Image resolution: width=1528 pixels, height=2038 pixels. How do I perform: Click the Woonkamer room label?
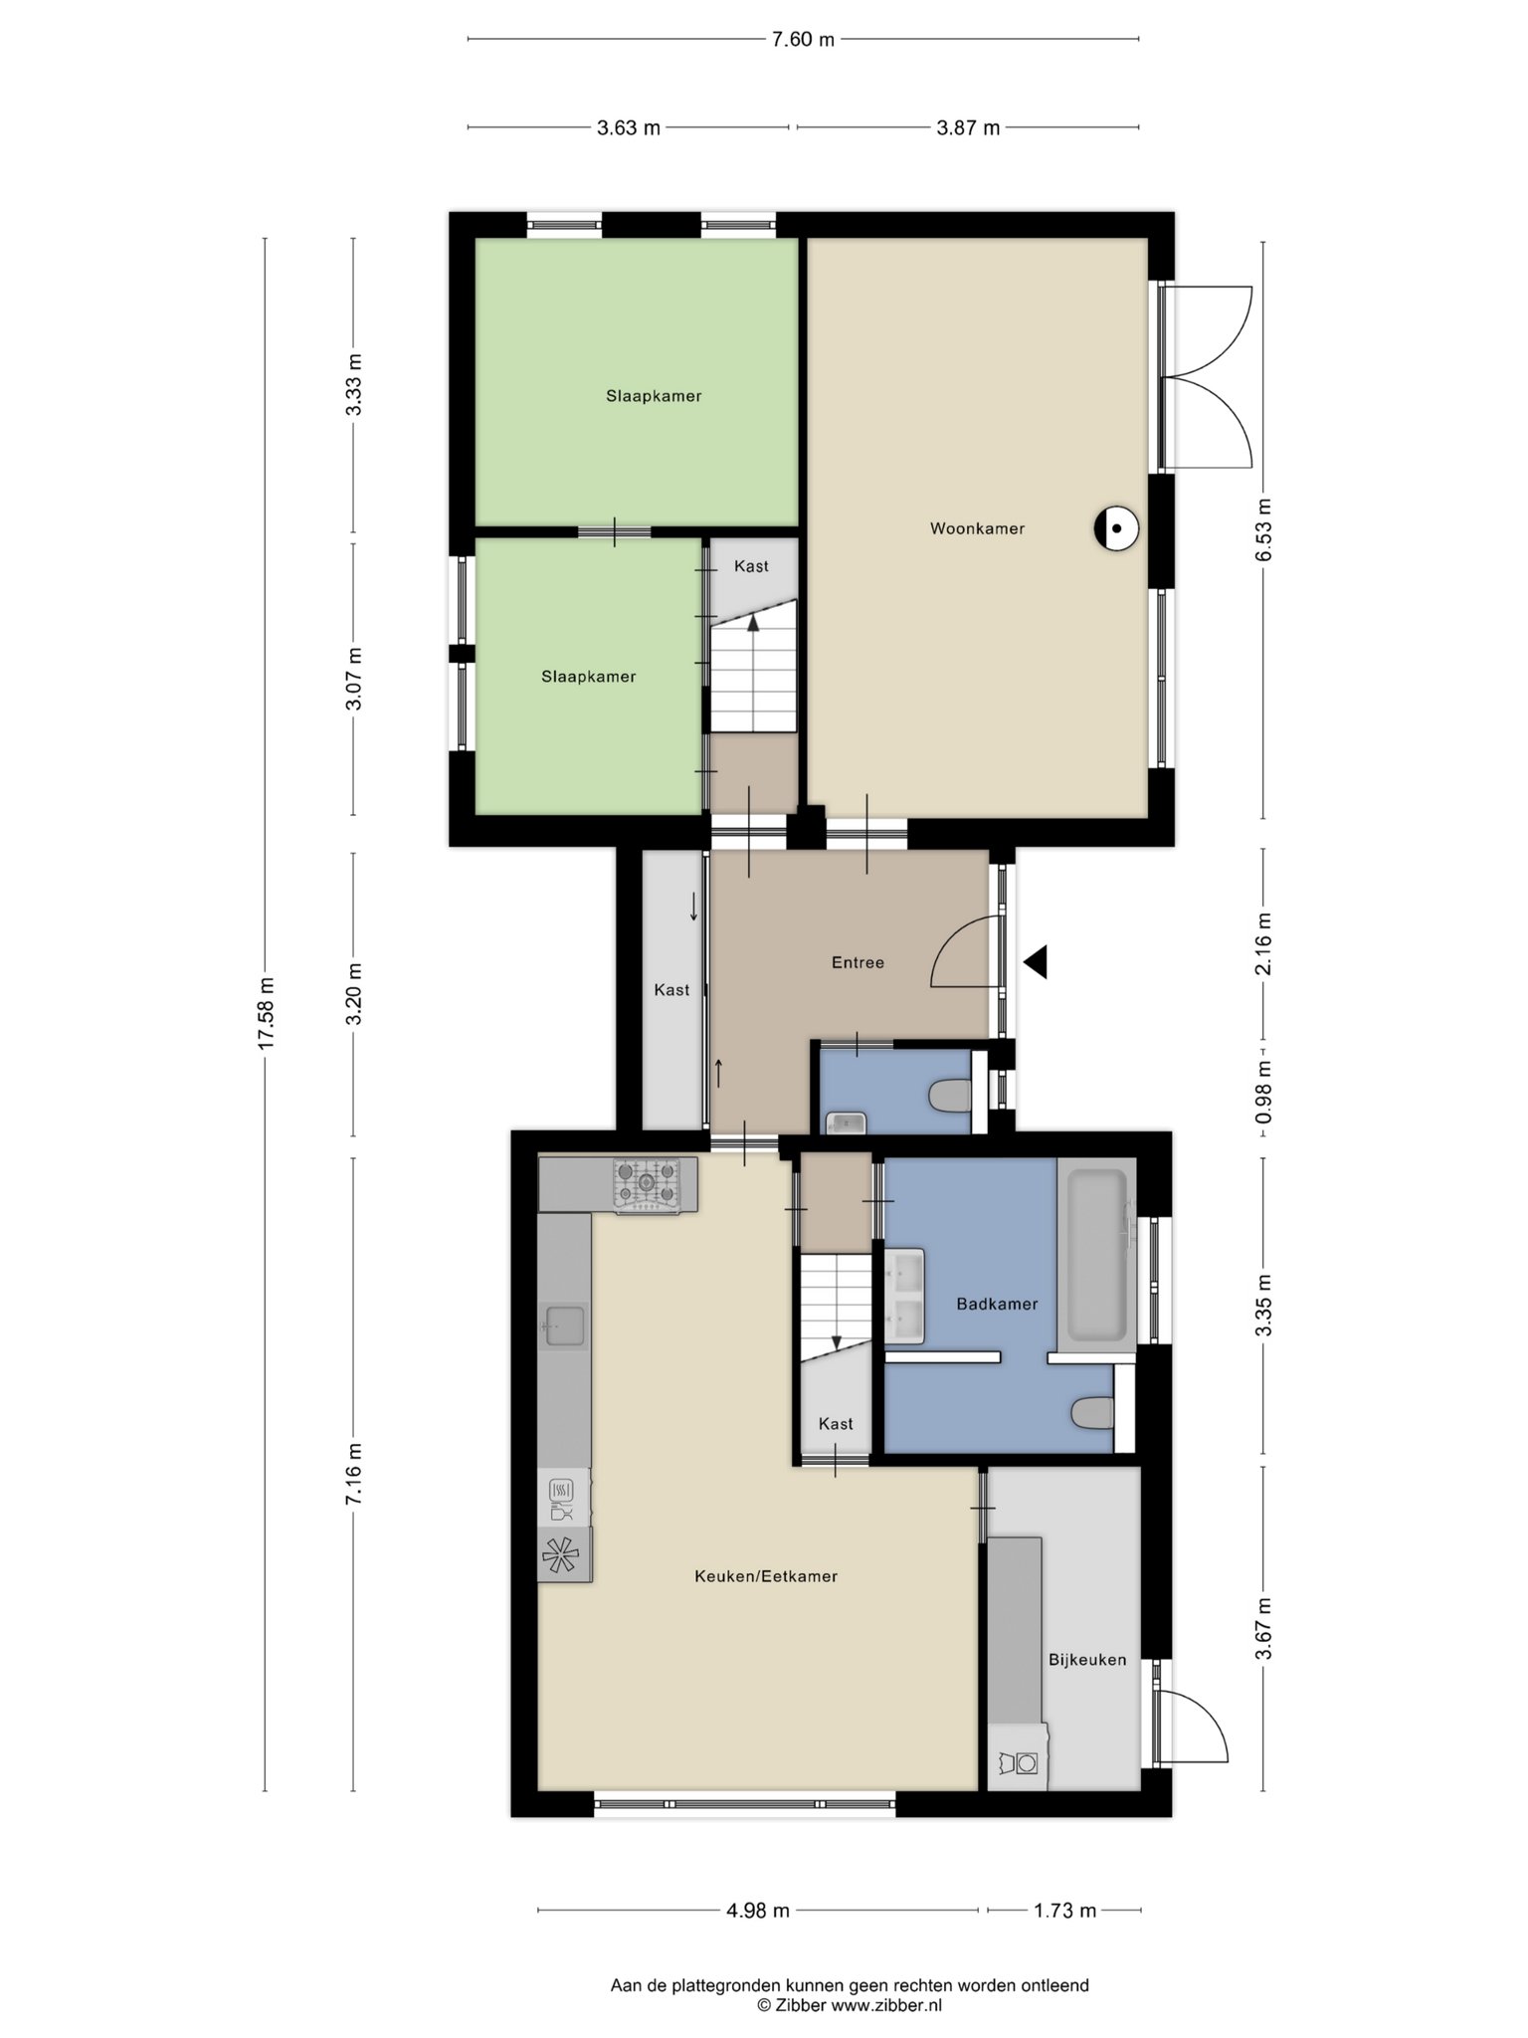(977, 528)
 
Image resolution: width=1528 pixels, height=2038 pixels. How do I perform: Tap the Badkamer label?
(997, 1304)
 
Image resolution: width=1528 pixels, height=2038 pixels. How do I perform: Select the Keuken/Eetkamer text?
(766, 1576)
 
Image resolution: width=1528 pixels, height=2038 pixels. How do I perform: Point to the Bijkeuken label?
(1087, 1660)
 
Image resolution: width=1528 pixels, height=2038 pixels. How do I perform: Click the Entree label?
(858, 962)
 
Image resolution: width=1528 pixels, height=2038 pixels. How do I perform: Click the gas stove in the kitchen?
(647, 1184)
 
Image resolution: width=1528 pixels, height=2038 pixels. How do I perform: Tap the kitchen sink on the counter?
(564, 1325)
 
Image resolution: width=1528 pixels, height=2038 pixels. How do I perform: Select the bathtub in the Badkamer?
(1097, 1254)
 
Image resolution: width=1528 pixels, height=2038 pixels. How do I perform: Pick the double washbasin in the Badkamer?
(905, 1297)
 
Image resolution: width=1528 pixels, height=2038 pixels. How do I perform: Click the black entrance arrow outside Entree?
(1036, 962)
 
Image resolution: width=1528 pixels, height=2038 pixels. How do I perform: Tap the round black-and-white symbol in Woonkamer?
(1116, 529)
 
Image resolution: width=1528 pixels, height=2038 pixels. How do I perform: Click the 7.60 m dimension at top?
(803, 40)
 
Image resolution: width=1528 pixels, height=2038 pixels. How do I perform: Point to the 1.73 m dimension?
(1064, 1911)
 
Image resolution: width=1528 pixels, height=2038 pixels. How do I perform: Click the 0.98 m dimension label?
(1263, 1092)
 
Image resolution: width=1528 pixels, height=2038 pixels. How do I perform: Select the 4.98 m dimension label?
(758, 1911)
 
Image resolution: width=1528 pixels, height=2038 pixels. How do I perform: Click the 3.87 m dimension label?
(968, 128)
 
